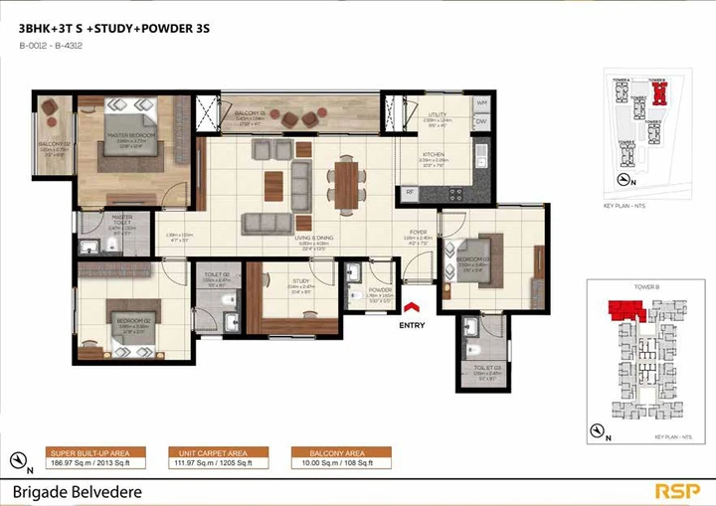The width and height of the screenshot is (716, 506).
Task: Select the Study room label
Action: (x=301, y=282)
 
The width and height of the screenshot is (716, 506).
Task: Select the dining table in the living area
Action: (x=345, y=183)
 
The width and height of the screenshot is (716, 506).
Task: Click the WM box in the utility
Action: (x=480, y=103)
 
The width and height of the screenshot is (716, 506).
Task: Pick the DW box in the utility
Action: (x=480, y=122)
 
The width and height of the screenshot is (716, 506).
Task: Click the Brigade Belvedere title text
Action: (x=78, y=491)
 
